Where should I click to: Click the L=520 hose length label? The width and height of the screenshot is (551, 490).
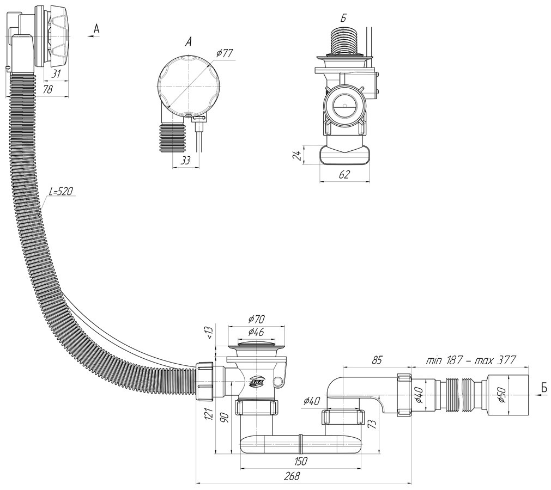click(x=61, y=192)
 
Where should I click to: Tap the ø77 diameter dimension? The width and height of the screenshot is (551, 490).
click(x=225, y=53)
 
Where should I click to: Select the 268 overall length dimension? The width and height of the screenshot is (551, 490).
click(x=293, y=476)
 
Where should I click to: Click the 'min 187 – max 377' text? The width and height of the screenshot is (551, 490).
click(x=470, y=360)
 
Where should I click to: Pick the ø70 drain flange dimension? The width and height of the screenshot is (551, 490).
click(x=256, y=319)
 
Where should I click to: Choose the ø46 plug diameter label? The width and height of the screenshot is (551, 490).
click(x=256, y=332)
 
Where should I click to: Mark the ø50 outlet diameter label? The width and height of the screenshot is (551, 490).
click(x=502, y=395)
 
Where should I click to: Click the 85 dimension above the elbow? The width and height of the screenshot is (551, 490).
click(x=376, y=360)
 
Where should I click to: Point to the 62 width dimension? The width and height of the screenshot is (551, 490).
click(x=345, y=174)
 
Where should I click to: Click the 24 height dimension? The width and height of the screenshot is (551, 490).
click(x=296, y=155)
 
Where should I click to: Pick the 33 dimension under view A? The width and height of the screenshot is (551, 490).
click(x=185, y=161)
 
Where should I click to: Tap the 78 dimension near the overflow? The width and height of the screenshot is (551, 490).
click(x=47, y=89)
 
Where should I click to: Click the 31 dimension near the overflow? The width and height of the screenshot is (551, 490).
click(x=56, y=73)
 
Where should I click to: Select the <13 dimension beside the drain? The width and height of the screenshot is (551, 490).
click(x=209, y=333)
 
